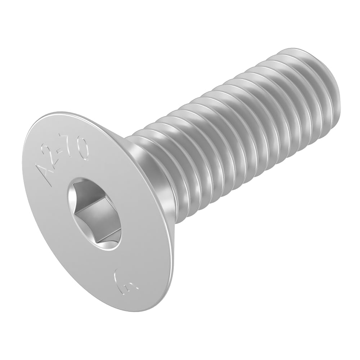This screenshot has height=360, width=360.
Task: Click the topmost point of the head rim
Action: coord(54,114)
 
